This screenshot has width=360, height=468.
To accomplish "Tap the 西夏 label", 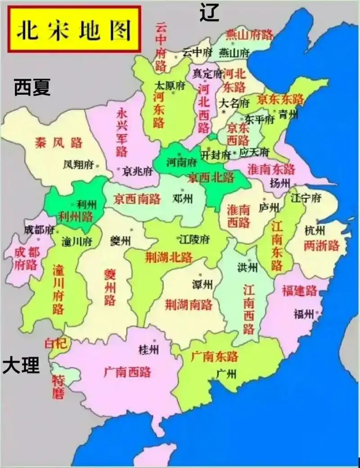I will tap(32, 87).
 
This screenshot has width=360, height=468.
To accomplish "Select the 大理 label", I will tap(21, 365).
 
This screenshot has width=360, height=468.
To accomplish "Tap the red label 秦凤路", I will tap(59, 143).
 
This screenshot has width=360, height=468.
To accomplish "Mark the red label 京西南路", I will tap(137, 199).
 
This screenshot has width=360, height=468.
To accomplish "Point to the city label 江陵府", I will tap(194, 238).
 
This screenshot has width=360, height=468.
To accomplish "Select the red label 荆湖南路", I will tap(189, 304).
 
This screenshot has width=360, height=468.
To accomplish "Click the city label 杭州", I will tap(315, 231).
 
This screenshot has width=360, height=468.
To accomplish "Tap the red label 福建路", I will tap(300, 291).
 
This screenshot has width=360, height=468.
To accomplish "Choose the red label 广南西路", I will tap(127, 372).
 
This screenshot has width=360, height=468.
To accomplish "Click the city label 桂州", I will tap(149, 350).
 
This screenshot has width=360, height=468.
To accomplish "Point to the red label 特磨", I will tap(59, 387).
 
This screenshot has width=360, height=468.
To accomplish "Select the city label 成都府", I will tap(38, 230).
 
